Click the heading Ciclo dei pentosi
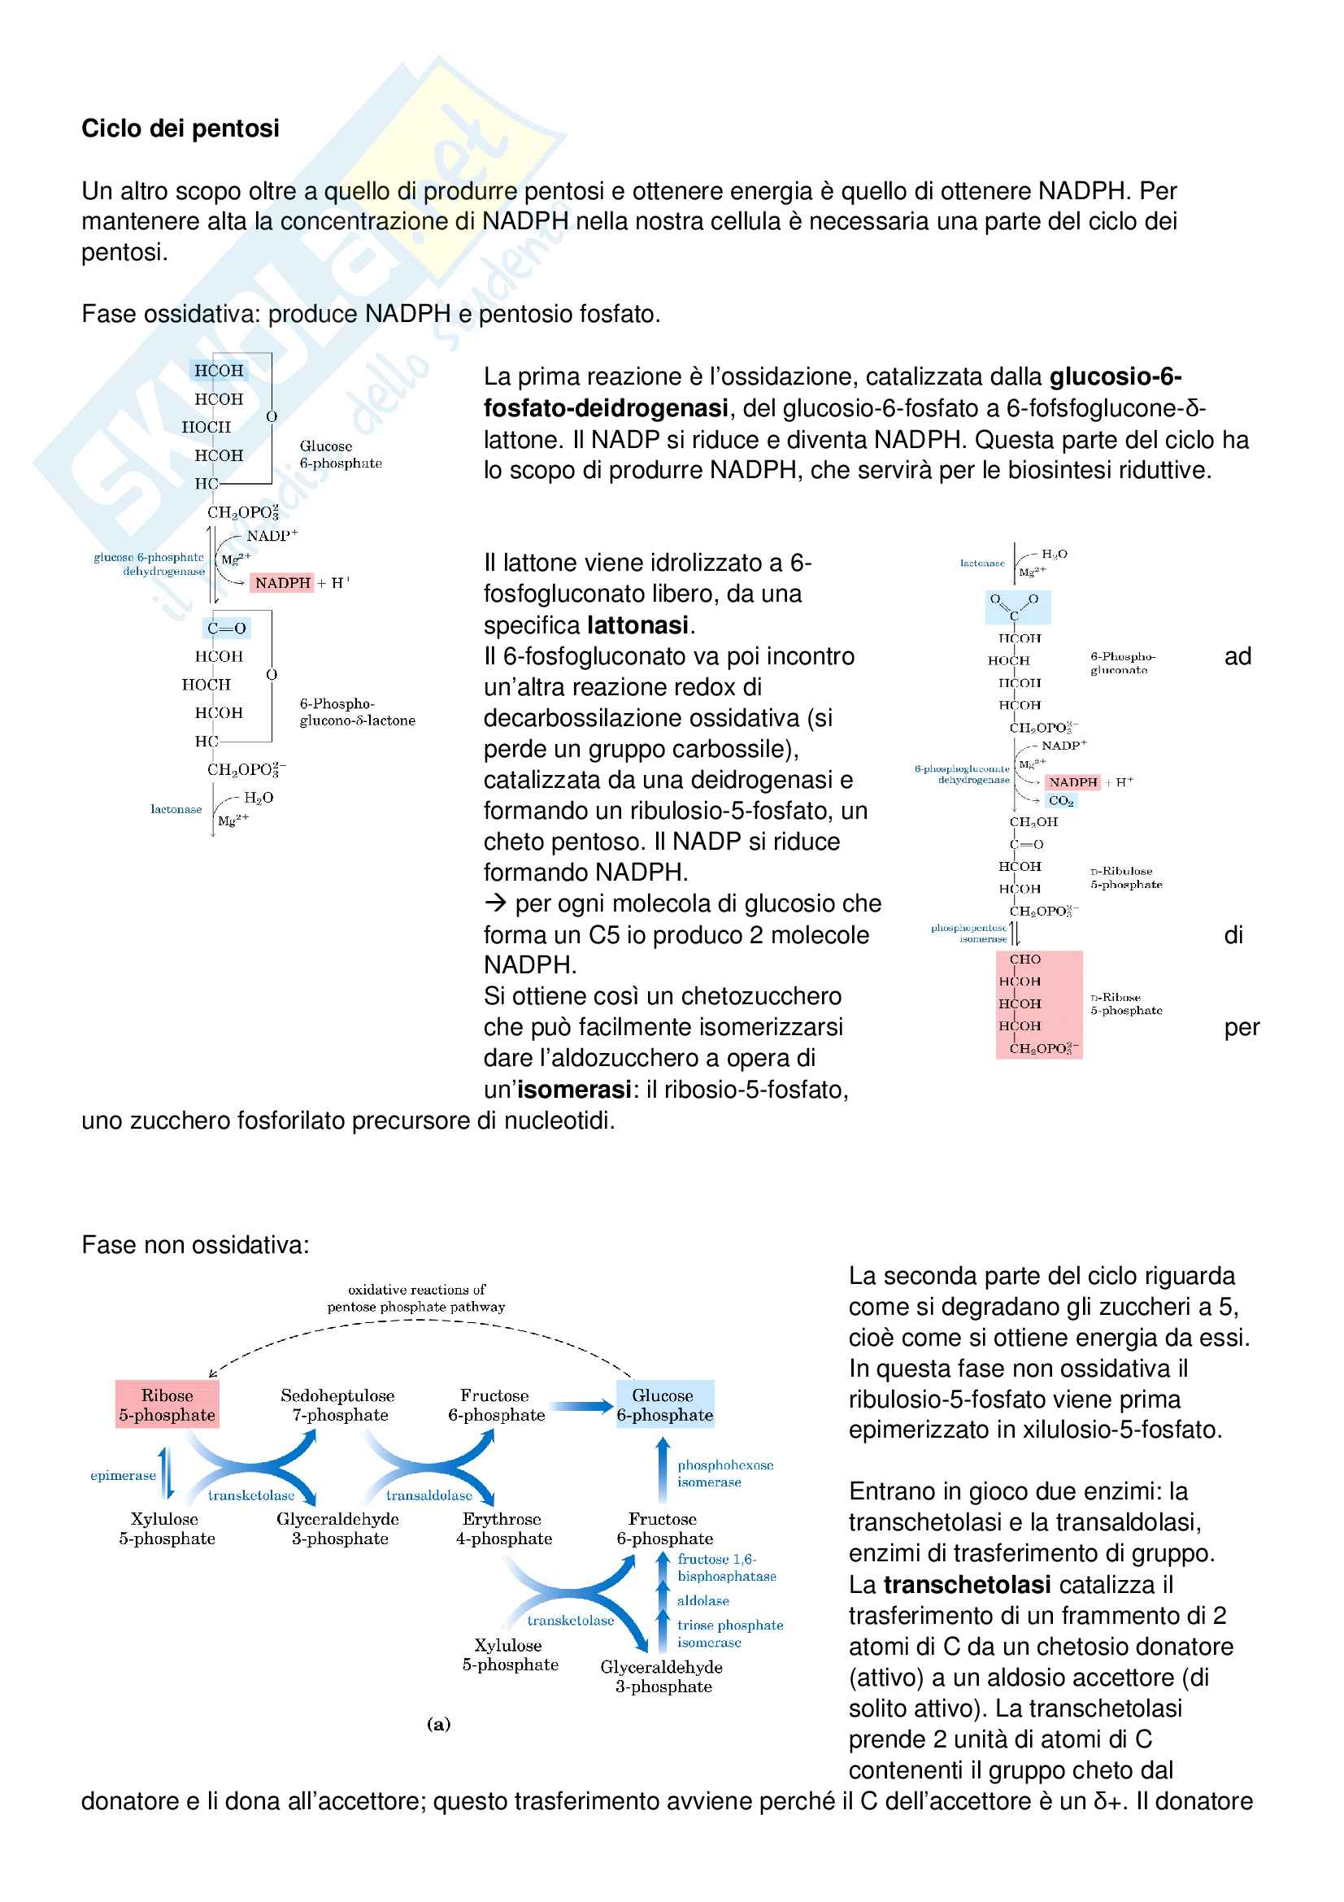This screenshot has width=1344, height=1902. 180,128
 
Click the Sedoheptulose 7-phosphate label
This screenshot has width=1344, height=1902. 339,1405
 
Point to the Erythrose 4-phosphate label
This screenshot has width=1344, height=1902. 503,1529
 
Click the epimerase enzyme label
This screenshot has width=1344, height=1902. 123,1475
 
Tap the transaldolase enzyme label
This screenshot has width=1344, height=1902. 429,1495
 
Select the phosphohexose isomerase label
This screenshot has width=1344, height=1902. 724,1473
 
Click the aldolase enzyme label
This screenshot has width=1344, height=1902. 703,1600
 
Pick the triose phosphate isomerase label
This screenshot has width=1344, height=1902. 729,1634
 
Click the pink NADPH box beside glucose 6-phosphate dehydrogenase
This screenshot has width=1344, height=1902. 282,583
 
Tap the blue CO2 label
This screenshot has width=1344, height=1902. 1061,801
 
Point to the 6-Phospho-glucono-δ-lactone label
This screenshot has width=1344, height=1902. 357,712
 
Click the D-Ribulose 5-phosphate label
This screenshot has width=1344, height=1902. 1126,878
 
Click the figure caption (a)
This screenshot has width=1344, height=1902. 439,1725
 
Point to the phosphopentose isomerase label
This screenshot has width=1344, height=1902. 969,934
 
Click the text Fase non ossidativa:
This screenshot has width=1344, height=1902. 195,1245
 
